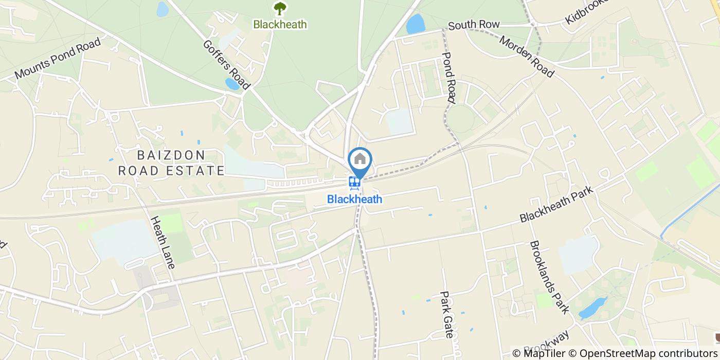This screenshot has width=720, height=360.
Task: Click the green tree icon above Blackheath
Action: point(280,8)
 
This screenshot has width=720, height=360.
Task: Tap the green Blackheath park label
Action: point(280,24)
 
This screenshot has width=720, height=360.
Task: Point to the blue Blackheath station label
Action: point(355,199)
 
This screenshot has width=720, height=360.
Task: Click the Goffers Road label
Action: point(226,65)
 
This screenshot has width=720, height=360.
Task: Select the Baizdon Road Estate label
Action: point(171,163)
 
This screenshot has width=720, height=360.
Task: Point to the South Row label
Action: point(474,25)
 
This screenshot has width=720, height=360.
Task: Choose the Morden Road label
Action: point(526,57)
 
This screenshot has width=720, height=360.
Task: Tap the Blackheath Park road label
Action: point(556,204)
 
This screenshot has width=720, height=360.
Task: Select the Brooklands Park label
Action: point(550,277)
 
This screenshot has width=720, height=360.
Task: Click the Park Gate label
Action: point(446,315)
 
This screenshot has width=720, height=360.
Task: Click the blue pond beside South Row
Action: point(416,24)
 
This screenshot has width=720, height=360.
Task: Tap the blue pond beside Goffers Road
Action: point(233,84)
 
